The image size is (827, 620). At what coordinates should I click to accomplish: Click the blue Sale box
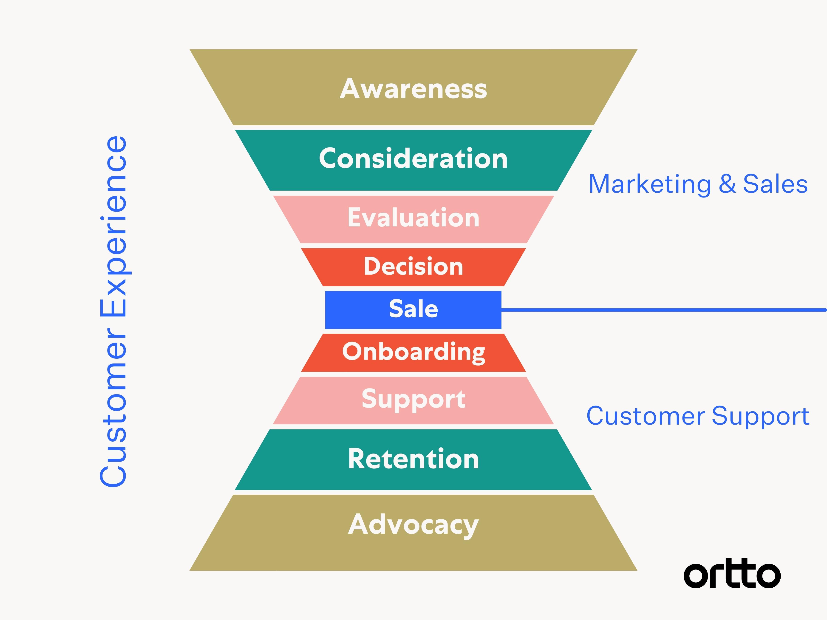pyautogui.click(x=413, y=310)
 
